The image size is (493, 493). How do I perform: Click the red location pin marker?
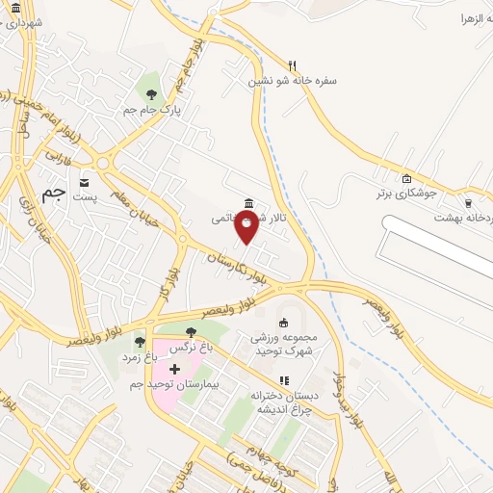point(247,226)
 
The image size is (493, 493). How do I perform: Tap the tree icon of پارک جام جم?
point(150,93)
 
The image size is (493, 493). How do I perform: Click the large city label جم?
point(56,192)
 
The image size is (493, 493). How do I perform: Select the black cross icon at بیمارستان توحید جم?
point(174,370)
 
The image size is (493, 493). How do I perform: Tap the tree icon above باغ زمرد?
point(140,342)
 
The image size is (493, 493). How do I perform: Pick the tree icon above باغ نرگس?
point(190,332)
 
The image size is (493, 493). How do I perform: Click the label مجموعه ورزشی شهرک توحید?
point(284,344)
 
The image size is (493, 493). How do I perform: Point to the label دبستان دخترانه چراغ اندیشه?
point(283,402)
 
